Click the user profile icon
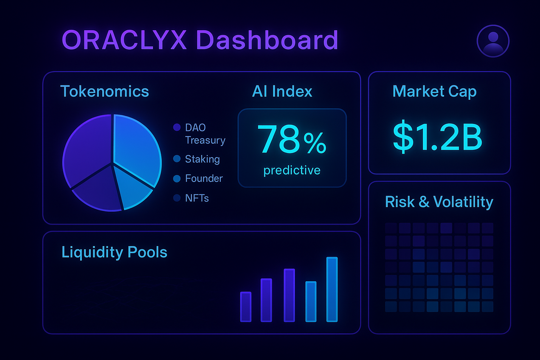click(493, 41)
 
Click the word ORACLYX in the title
click(124, 40)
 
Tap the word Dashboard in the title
click(267, 40)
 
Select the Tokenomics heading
click(104, 91)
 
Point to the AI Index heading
click(282, 91)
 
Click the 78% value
click(292, 140)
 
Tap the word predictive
click(292, 170)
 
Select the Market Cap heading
click(434, 91)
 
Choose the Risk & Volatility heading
click(439, 202)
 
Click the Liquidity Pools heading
click(114, 252)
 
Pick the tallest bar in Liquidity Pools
click(332, 289)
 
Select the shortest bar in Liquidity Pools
click(246, 307)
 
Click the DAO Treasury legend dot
click(177, 127)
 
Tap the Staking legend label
click(202, 159)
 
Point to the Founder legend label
click(204, 179)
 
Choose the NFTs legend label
click(197, 198)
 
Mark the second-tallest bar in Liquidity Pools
click(289, 295)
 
